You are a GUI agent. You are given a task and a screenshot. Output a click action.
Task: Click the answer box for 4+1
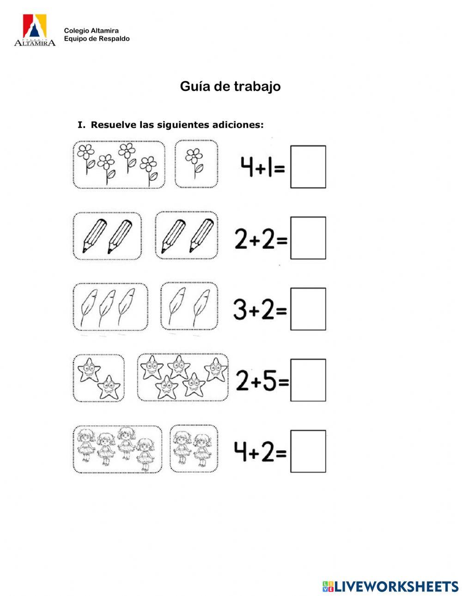pyautogui.click(x=308, y=167)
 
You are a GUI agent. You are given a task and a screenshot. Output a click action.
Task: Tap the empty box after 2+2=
pyautogui.click(x=308, y=238)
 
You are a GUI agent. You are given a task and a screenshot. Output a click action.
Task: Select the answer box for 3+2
pyautogui.click(x=308, y=309)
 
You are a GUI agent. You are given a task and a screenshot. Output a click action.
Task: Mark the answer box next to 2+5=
pyautogui.click(x=308, y=380)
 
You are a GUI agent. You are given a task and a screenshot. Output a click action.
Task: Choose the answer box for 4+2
pyautogui.click(x=308, y=451)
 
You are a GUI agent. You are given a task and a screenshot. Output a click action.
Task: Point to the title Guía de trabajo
pyautogui.click(x=230, y=86)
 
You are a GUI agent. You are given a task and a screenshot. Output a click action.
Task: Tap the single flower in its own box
pyautogui.click(x=196, y=164)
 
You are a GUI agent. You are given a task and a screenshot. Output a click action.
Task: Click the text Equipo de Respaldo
pyautogui.click(x=97, y=39)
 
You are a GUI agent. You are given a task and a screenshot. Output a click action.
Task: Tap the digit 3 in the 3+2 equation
pyautogui.click(x=240, y=310)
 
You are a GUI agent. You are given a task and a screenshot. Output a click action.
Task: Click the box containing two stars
pyautogui.click(x=98, y=378)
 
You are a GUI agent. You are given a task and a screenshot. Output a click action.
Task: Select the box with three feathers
pyautogui.click(x=110, y=307)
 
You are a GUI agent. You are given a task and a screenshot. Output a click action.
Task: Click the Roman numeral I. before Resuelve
pyautogui.click(x=81, y=125)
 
